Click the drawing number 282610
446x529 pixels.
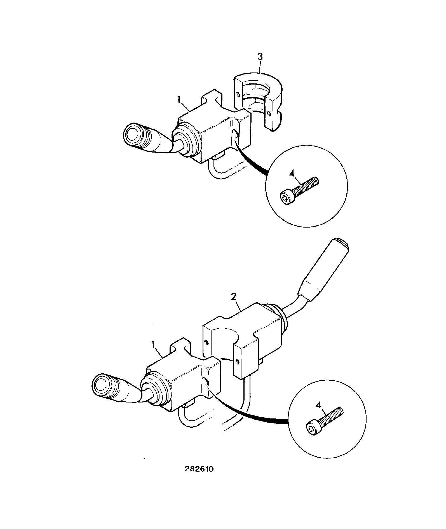click(x=199, y=469)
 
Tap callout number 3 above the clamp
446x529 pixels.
click(x=260, y=57)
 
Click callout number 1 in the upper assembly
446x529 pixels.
click(x=179, y=100)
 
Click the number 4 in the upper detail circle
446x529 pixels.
click(x=292, y=174)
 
